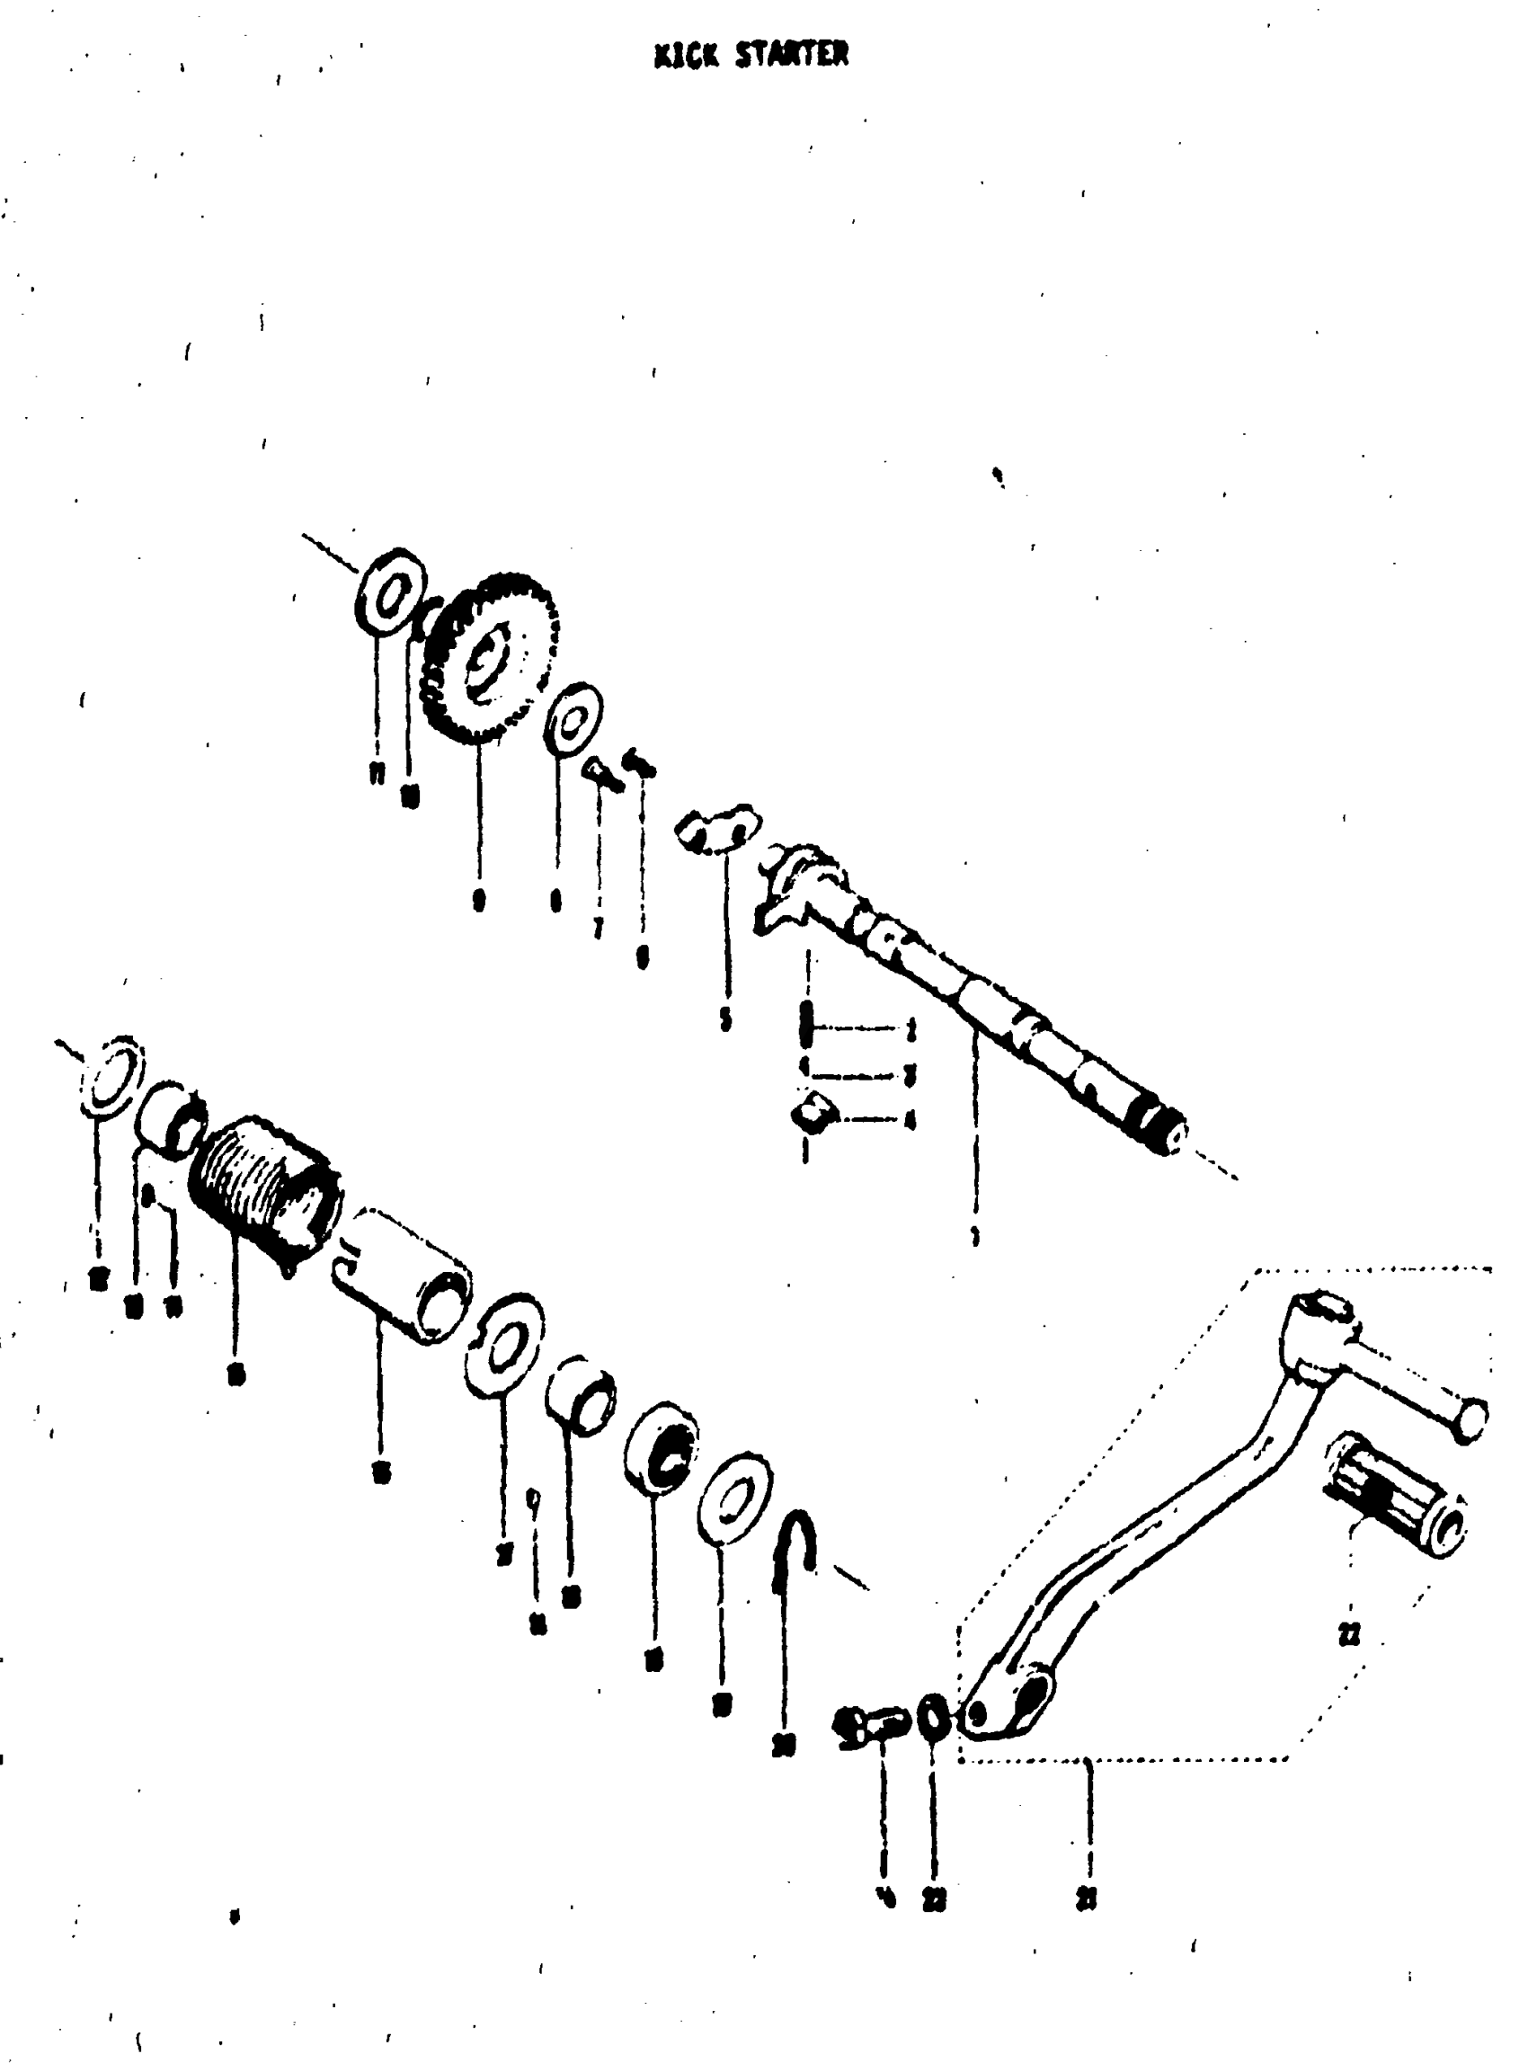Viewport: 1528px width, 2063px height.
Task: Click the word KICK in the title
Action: point(687,57)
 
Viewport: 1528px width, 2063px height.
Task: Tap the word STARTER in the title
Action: point(792,56)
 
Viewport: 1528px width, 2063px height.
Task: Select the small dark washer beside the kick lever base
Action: point(934,1717)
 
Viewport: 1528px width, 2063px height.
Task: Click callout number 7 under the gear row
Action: point(600,927)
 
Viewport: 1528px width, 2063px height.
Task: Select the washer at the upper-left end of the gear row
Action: point(389,592)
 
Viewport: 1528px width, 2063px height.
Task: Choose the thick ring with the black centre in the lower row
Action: point(662,1450)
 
